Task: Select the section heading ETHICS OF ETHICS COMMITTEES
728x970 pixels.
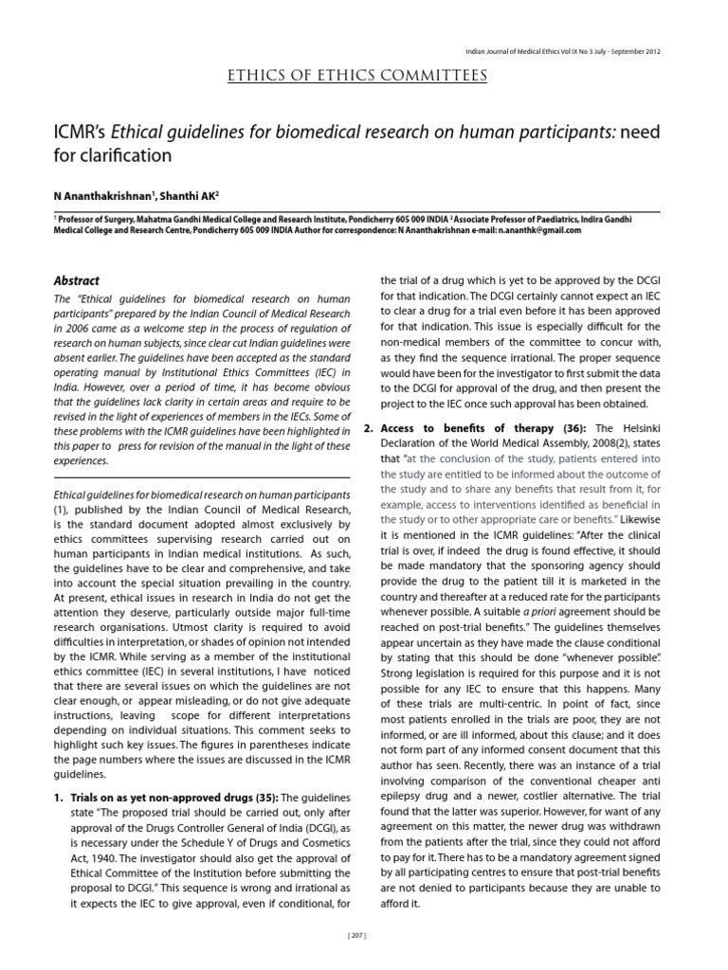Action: pyautogui.click(x=358, y=75)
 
